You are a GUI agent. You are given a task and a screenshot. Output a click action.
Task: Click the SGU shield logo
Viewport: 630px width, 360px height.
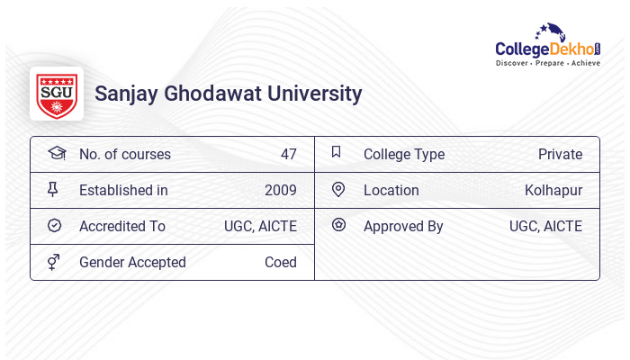click(x=57, y=94)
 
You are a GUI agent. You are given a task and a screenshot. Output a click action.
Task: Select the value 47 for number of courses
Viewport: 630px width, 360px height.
click(x=288, y=154)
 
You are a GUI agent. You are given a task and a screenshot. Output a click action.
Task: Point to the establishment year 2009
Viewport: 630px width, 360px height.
click(x=281, y=190)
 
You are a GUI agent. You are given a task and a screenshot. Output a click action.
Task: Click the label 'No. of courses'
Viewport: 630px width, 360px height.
click(x=124, y=154)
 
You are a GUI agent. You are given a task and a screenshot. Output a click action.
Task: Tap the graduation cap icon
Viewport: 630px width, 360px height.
click(x=56, y=153)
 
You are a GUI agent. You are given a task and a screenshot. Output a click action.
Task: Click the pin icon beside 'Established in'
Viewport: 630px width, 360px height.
click(x=52, y=189)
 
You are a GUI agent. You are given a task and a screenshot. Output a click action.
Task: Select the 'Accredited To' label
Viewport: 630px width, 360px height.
click(x=122, y=226)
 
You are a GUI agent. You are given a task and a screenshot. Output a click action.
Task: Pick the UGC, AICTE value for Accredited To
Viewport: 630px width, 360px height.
click(x=260, y=226)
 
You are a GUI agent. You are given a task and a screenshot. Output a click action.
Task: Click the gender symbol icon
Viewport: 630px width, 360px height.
click(x=53, y=262)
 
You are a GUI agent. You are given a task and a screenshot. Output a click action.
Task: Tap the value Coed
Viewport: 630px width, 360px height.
click(x=281, y=262)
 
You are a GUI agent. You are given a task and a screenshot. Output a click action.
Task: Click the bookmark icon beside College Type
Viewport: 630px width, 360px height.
click(x=337, y=152)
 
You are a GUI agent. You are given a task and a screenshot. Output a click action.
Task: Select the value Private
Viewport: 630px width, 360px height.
click(x=560, y=154)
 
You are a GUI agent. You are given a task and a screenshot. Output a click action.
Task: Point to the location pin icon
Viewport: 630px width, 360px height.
click(x=338, y=189)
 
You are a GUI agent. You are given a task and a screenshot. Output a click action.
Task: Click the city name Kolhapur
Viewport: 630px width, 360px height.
click(x=553, y=190)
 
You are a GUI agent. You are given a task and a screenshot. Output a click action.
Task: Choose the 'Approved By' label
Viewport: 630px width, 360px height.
click(x=403, y=226)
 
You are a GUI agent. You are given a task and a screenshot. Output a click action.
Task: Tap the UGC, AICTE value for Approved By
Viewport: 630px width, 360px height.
click(x=545, y=226)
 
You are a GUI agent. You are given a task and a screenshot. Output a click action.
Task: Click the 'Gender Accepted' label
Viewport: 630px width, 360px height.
click(x=132, y=262)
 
